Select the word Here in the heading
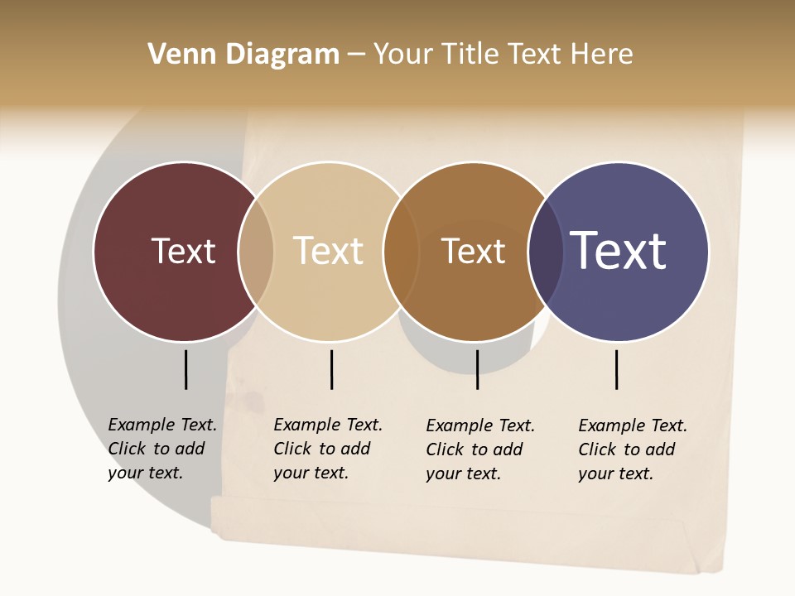click(603, 55)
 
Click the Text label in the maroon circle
click(183, 251)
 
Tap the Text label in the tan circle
click(328, 251)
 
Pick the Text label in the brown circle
click(473, 251)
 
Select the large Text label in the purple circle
click(619, 251)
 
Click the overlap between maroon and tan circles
click(256, 252)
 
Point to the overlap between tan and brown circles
click(401, 252)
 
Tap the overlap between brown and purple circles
click(546, 252)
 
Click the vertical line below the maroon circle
click(185, 369)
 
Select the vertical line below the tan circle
click(331, 369)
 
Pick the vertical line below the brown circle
click(477, 369)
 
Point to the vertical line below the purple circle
click(616, 369)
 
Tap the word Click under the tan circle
click(291, 449)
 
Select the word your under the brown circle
click(443, 473)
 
